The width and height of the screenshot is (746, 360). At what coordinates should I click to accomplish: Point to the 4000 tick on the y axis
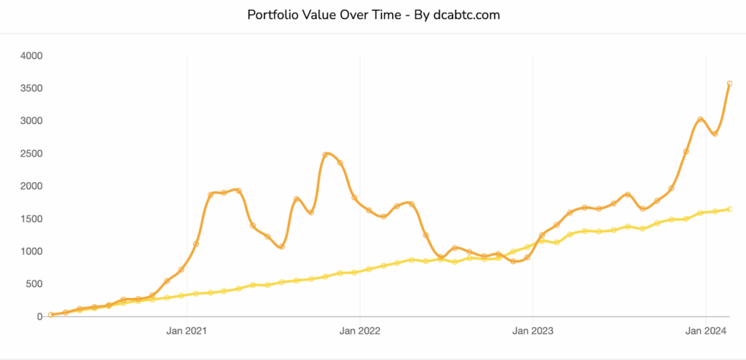tap(31, 55)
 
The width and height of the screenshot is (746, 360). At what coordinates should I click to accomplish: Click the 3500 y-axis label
tap(31, 88)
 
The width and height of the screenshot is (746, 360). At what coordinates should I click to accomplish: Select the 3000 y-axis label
tap(31, 121)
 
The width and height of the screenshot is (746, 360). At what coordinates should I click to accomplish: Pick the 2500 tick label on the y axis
tap(31, 154)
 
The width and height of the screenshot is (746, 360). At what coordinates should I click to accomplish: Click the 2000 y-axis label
tap(31, 187)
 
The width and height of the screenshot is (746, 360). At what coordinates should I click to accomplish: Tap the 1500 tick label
tap(31, 219)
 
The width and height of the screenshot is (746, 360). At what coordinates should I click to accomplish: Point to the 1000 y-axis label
tap(31, 251)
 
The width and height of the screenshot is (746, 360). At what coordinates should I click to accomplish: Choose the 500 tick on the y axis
tap(34, 284)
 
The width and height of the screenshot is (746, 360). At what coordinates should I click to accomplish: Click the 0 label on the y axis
tap(39, 317)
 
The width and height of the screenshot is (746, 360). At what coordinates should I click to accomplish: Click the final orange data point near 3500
tap(729, 84)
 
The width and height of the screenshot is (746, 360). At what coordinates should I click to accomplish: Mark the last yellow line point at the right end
tap(729, 209)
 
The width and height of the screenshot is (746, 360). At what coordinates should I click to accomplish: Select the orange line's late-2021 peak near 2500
tap(326, 154)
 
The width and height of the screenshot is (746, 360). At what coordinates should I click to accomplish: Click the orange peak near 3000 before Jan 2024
tap(700, 120)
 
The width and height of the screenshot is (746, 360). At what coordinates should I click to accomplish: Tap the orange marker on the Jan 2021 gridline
tap(196, 243)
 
